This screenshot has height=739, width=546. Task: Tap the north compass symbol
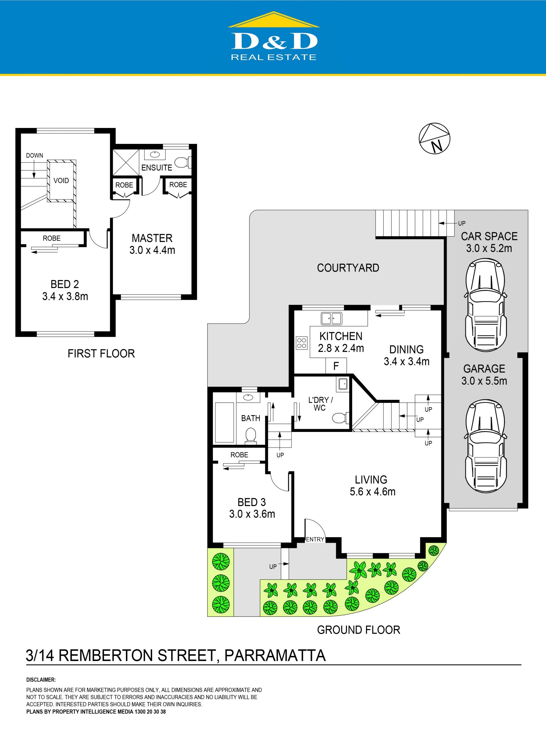[x=434, y=138]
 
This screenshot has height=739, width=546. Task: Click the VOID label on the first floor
[x=61, y=181]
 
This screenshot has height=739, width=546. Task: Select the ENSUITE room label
[x=157, y=167]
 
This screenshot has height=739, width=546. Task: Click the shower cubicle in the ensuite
[x=126, y=162]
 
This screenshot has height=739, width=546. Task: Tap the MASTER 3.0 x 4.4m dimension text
[x=152, y=250]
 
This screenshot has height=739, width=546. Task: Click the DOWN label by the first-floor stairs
[x=34, y=155]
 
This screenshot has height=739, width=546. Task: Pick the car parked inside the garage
[x=485, y=446]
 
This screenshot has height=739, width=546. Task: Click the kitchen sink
[x=332, y=318]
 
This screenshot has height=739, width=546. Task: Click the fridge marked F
[x=336, y=366]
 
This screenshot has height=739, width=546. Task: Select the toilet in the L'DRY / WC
[x=341, y=418]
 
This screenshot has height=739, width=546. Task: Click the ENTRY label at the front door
[x=315, y=539]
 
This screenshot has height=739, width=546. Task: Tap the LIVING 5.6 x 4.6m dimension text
[x=373, y=491]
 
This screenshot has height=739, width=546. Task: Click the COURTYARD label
[x=348, y=268]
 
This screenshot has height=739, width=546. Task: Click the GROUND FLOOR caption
[x=359, y=630]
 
